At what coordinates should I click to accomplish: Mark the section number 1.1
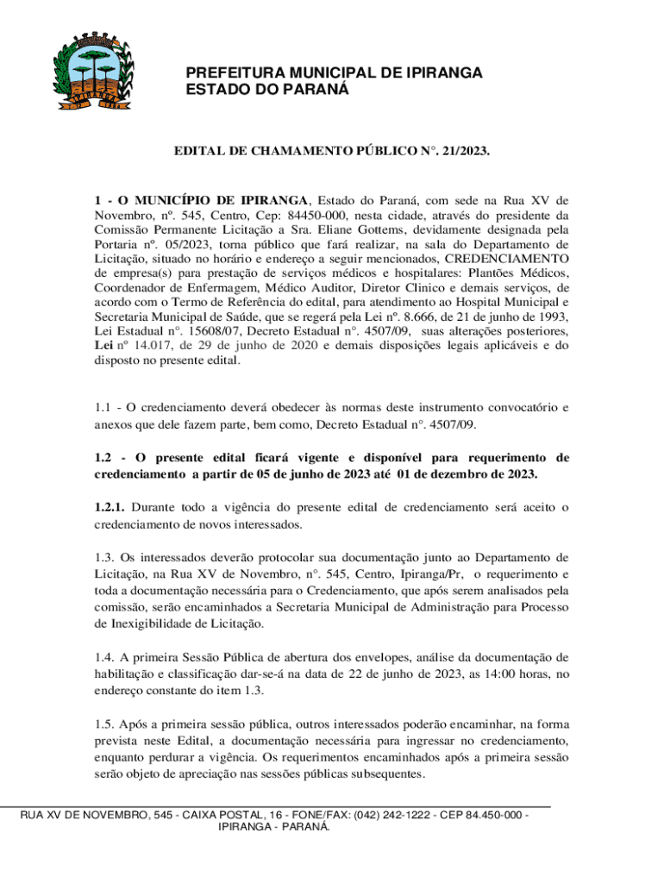click(103, 406)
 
